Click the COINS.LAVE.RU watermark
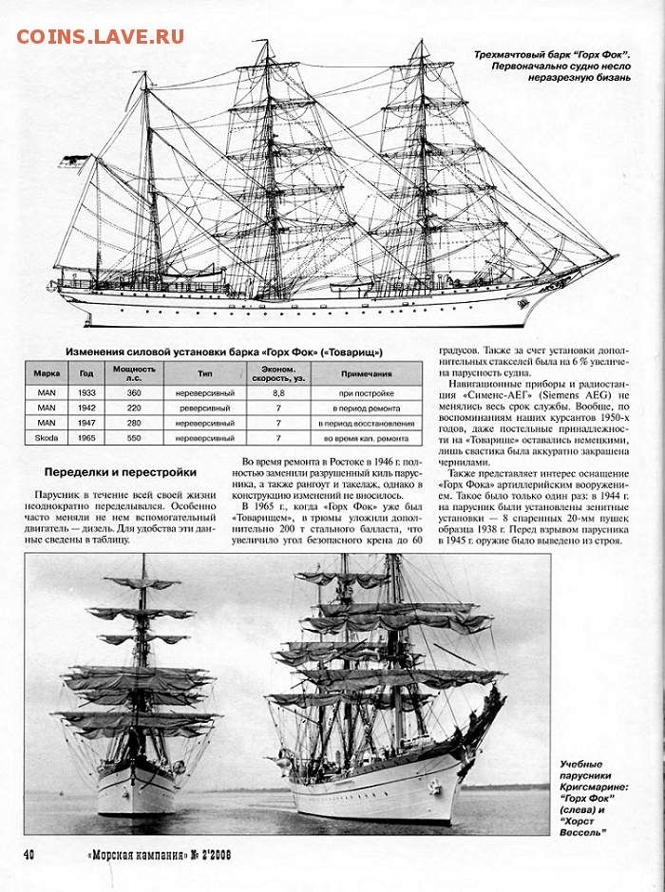pyautogui.click(x=100, y=37)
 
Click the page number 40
pyautogui.click(x=28, y=854)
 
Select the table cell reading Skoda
pyautogui.click(x=47, y=438)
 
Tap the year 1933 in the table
pyautogui.click(x=86, y=393)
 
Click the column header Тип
pyautogui.click(x=205, y=373)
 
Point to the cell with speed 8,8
pyautogui.click(x=278, y=393)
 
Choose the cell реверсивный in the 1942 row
pyautogui.click(x=205, y=408)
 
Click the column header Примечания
pyautogui.click(x=367, y=373)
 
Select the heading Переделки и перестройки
pyautogui.click(x=121, y=473)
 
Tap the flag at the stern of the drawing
pyautogui.click(x=73, y=161)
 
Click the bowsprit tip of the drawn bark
pyautogui.click(x=617, y=257)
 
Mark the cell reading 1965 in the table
pyautogui.click(x=86, y=438)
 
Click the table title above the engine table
pyautogui.click(x=224, y=352)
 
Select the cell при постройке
pyautogui.click(x=367, y=393)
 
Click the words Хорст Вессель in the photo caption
pyautogui.click(x=580, y=827)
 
